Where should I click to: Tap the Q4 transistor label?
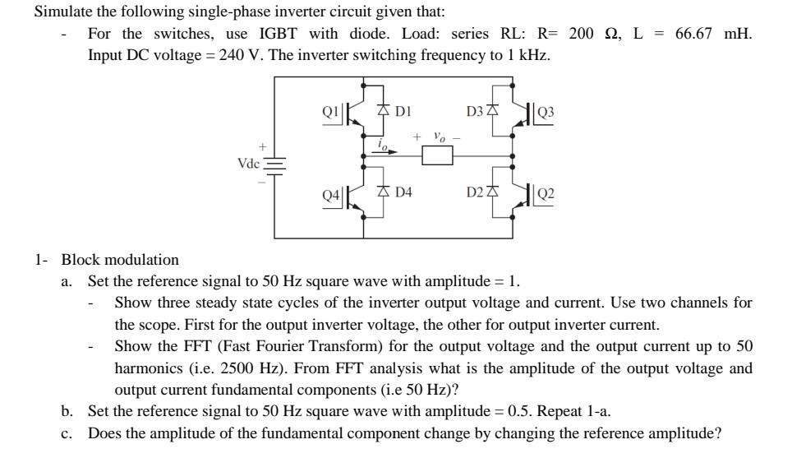point(330,195)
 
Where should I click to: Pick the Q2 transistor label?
point(546,195)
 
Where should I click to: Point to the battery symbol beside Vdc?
point(273,164)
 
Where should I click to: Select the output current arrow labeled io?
point(385,149)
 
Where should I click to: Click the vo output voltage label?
point(440,136)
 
